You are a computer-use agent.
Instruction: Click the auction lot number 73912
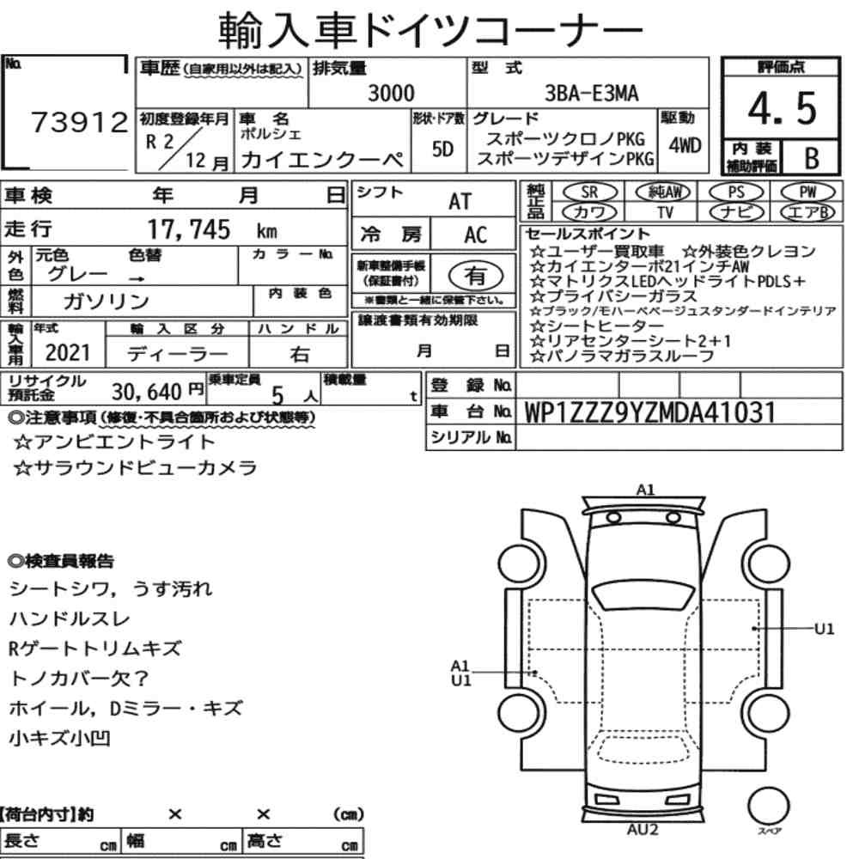[x=80, y=122]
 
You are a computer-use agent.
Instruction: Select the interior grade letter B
[x=812, y=158]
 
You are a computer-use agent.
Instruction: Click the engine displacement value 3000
[x=391, y=93]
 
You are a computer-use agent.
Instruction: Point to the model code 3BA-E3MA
[x=591, y=93]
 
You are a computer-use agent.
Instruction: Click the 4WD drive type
[x=685, y=146]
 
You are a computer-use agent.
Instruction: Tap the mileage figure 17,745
[x=189, y=229]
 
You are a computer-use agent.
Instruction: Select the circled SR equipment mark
[x=589, y=192]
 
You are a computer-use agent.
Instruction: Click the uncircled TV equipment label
[x=665, y=212]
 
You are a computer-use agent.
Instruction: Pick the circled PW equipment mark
[x=807, y=192]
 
